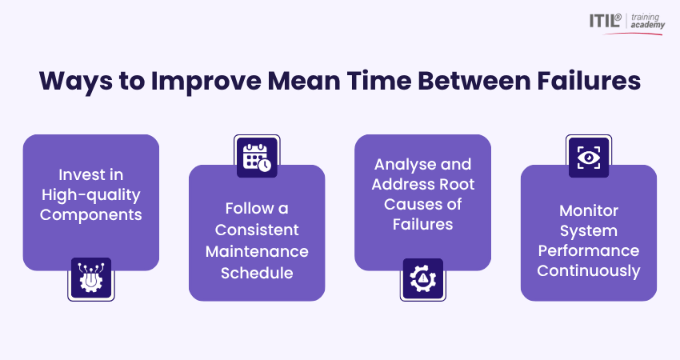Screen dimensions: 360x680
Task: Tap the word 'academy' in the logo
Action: tap(648, 26)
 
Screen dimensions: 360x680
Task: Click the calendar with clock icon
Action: tap(256, 155)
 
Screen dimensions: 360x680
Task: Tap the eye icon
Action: tap(588, 155)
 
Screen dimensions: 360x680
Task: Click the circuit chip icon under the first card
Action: tap(90, 279)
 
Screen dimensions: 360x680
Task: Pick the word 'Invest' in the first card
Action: tap(78, 174)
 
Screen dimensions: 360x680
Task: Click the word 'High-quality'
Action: tap(90, 194)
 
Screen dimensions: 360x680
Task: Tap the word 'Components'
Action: tap(90, 214)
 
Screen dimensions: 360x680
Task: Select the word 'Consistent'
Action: tap(256, 230)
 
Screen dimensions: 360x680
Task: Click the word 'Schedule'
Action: tap(256, 272)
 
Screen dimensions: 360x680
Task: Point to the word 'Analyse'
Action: tap(406, 164)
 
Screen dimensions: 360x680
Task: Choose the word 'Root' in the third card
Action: tap(456, 185)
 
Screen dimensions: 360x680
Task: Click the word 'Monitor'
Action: tap(588, 210)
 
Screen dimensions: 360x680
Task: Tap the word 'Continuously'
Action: tap(588, 271)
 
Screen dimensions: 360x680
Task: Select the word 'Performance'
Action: tap(588, 250)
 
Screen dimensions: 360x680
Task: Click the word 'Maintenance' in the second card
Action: tap(256, 251)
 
